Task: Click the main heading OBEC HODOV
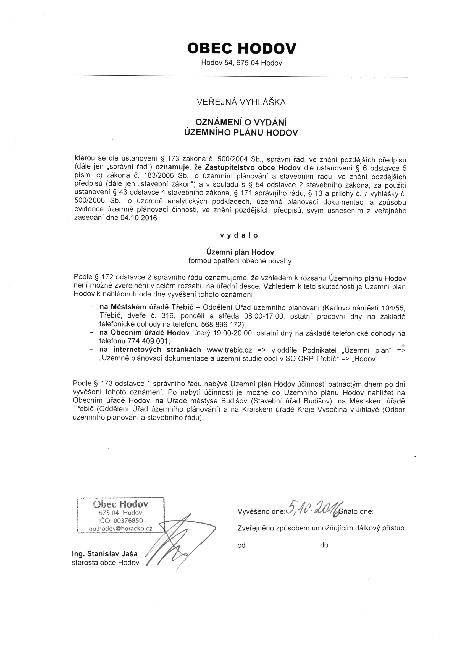click(x=241, y=48)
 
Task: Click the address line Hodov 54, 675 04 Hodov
click(x=241, y=63)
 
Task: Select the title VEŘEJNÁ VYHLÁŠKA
click(x=241, y=102)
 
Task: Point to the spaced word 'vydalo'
click(x=239, y=235)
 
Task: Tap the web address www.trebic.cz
click(x=229, y=350)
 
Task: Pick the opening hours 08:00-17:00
click(x=264, y=316)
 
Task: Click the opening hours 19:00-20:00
click(x=232, y=333)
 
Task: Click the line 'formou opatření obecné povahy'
click(x=240, y=261)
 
